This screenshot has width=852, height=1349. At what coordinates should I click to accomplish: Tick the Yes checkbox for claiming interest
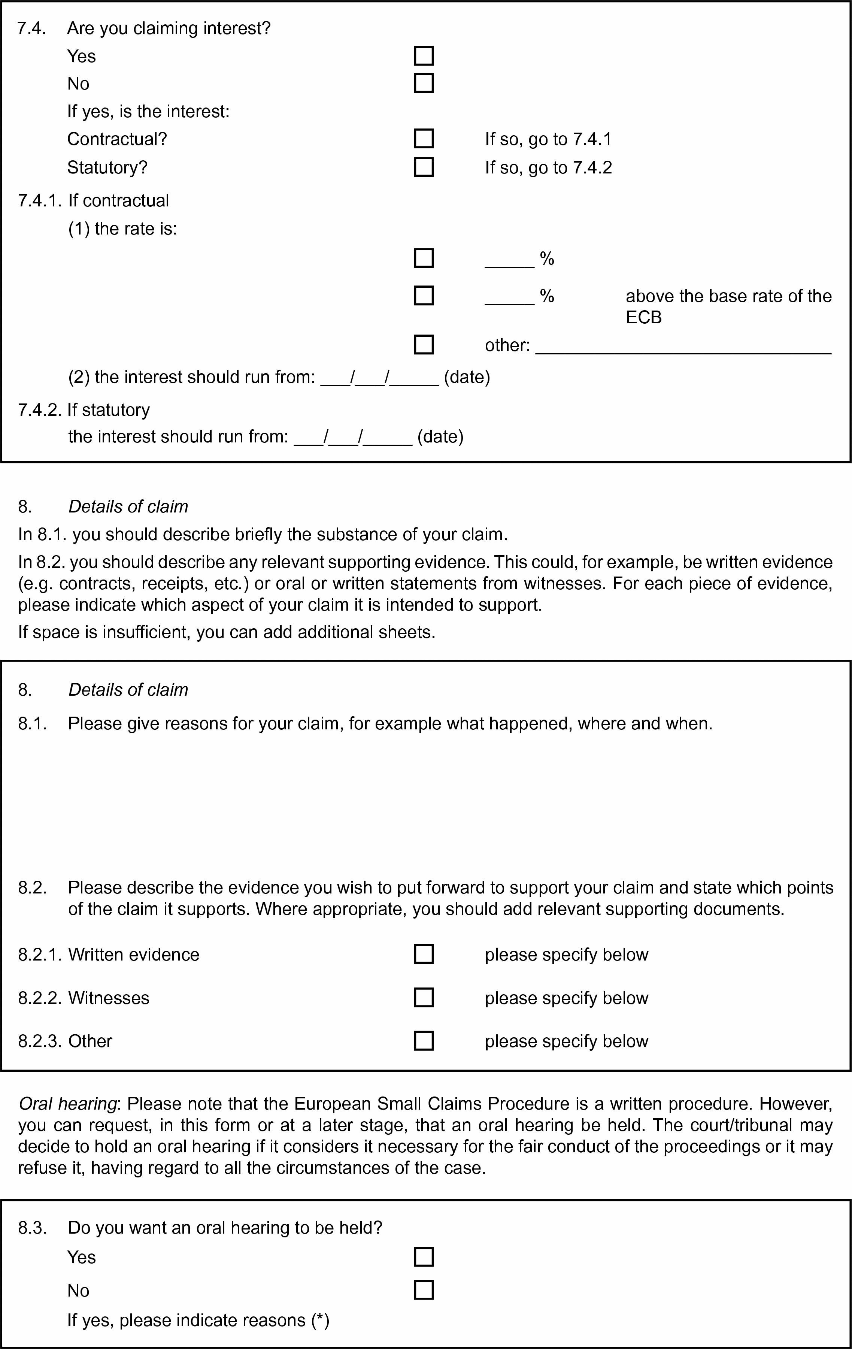click(x=424, y=56)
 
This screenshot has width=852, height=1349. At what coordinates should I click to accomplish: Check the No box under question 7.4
click(x=424, y=83)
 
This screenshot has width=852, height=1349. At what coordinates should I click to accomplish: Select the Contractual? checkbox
click(x=424, y=138)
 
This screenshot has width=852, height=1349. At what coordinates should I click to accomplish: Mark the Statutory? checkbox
click(x=424, y=167)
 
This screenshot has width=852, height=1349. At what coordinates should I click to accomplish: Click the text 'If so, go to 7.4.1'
click(x=548, y=139)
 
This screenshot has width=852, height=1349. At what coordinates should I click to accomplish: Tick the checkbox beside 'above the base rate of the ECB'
click(x=424, y=295)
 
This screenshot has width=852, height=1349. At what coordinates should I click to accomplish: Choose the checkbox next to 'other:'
click(x=424, y=345)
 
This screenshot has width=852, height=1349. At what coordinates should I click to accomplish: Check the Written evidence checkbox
click(x=424, y=954)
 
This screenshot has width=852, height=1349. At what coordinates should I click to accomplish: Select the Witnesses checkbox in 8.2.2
click(x=424, y=997)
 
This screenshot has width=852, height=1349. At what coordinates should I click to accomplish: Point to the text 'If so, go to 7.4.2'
click(x=548, y=167)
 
